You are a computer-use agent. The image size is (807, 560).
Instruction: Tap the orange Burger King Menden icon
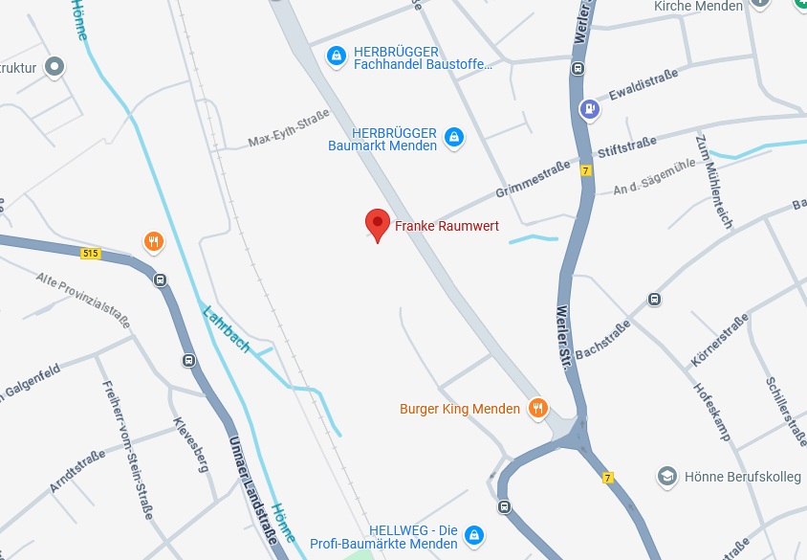tap(538, 409)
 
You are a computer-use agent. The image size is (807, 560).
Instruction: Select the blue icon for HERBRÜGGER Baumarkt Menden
tap(454, 138)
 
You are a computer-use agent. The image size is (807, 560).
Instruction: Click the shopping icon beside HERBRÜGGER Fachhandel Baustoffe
tap(336, 56)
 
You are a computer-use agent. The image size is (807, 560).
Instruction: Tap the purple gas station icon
tap(591, 108)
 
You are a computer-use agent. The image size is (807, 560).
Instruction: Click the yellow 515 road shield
tap(91, 253)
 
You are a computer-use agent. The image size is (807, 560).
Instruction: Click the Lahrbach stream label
tap(226, 329)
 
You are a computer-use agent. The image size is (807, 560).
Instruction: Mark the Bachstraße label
tap(602, 341)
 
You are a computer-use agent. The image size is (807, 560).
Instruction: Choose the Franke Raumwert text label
tap(447, 227)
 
